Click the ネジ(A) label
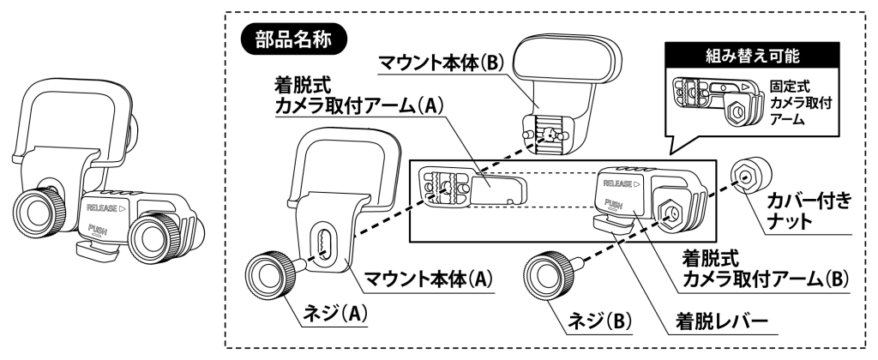coord(334,314)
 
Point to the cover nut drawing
coord(748,177)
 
